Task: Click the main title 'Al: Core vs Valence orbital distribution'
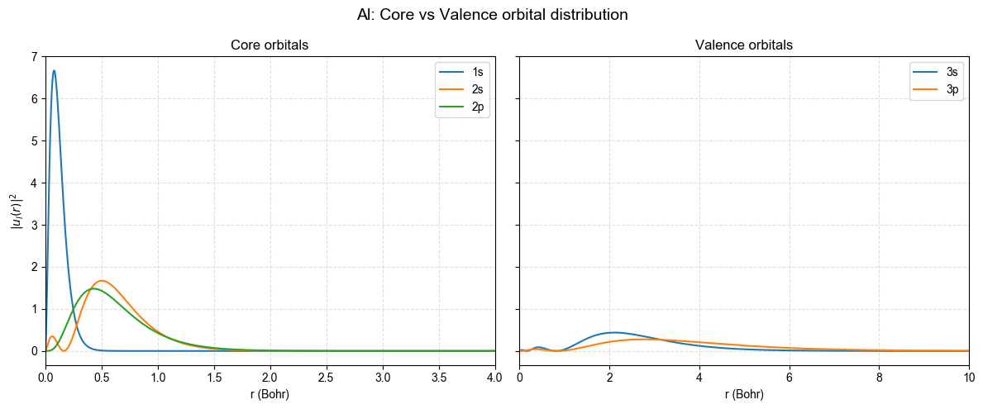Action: pos(492,15)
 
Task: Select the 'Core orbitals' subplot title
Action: pos(270,45)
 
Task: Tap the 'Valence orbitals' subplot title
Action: pos(744,45)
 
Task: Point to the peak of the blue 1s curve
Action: pos(54,70)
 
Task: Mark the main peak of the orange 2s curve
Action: pos(102,281)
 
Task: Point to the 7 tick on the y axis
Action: pos(34,57)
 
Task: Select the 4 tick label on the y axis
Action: pos(34,183)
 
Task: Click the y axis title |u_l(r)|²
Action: pos(15,211)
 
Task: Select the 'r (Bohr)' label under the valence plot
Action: pos(744,394)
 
